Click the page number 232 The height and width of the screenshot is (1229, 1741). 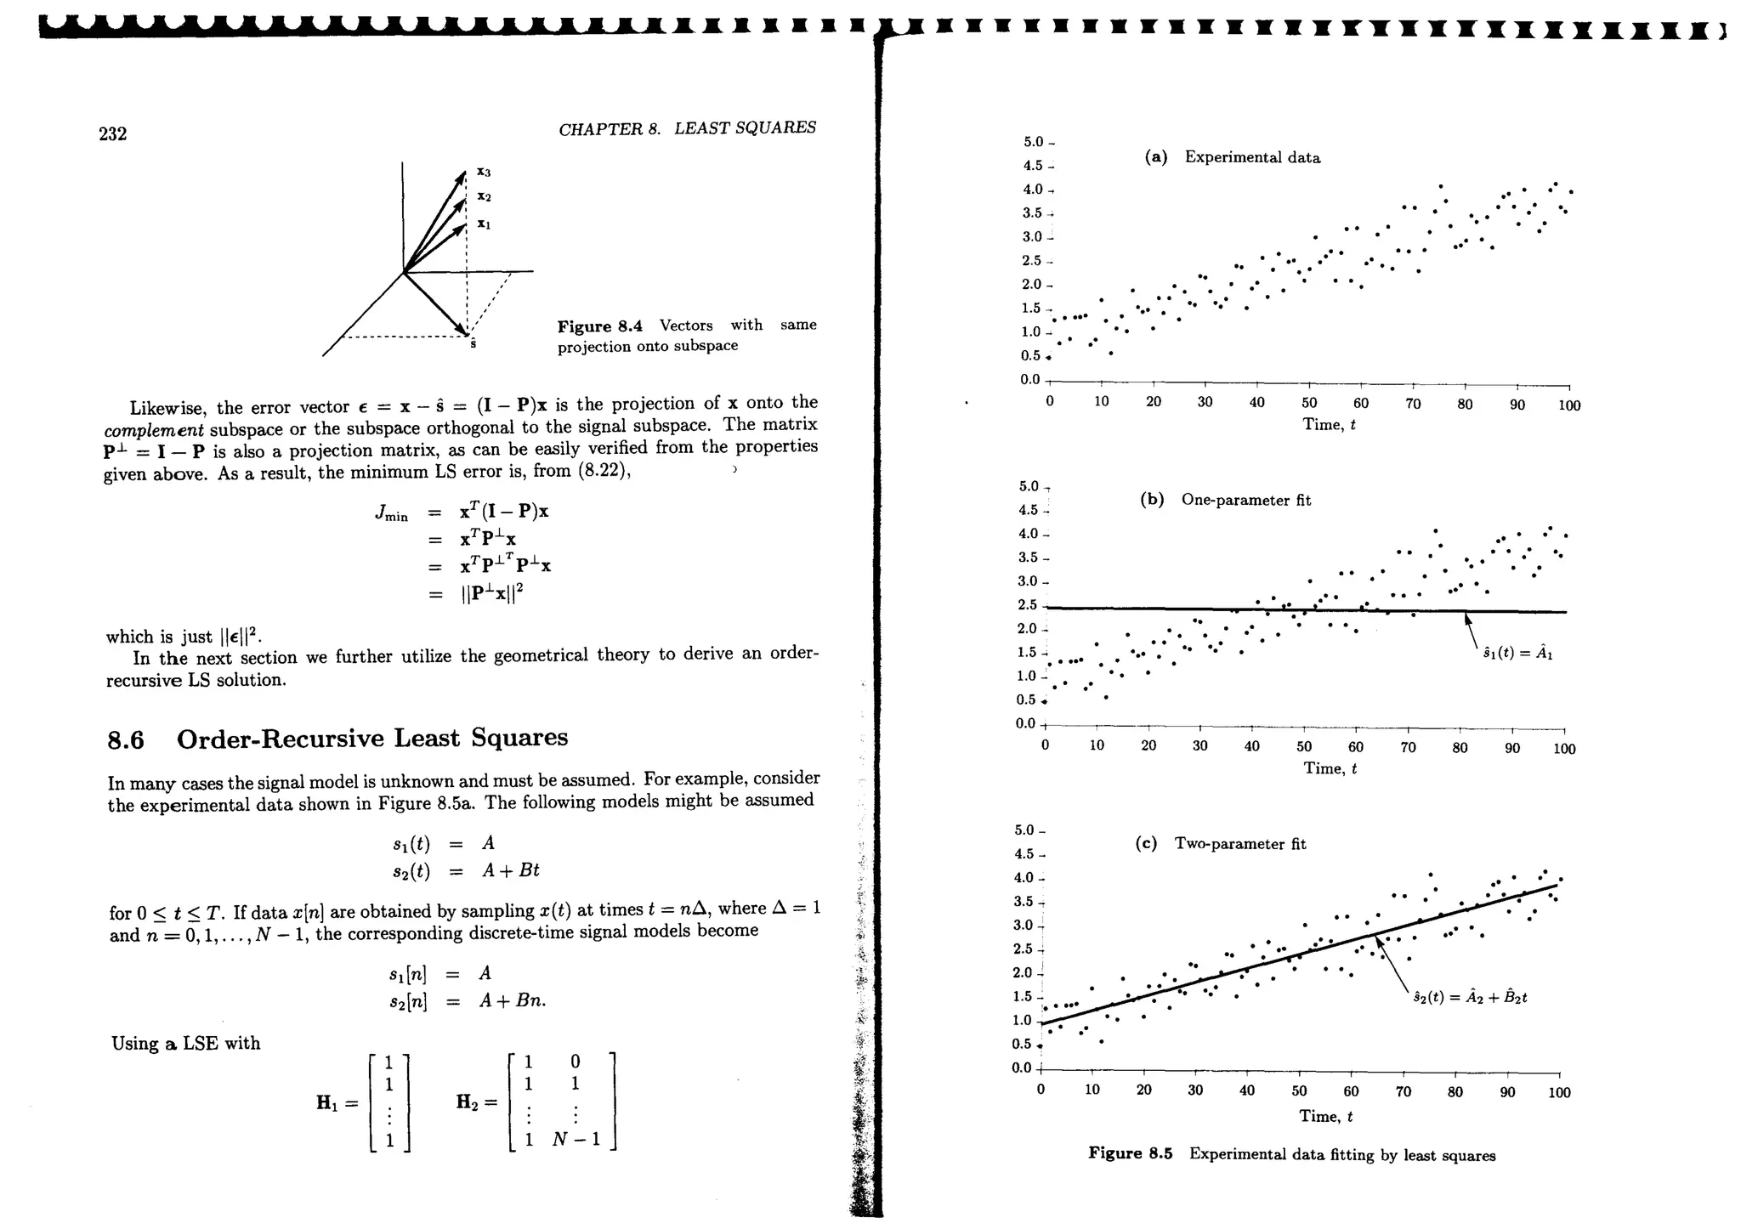click(x=113, y=134)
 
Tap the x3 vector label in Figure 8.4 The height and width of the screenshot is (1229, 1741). click(x=484, y=172)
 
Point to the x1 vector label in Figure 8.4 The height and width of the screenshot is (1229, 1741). click(x=484, y=224)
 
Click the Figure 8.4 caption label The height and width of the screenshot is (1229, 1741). click(x=599, y=326)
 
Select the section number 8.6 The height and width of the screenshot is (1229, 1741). click(x=126, y=740)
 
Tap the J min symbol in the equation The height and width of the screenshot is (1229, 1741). click(x=391, y=513)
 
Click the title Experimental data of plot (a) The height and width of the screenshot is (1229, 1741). click(x=1252, y=157)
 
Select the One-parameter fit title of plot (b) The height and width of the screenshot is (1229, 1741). click(x=1245, y=500)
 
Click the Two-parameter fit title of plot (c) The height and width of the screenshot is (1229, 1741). click(x=1239, y=844)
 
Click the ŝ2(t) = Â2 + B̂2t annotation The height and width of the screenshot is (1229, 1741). click(x=1470, y=997)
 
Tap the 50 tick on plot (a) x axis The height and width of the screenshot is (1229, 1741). click(x=1309, y=403)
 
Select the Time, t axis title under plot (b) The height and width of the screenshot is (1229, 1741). click(x=1330, y=768)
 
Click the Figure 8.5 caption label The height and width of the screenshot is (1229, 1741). click(x=1131, y=1153)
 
